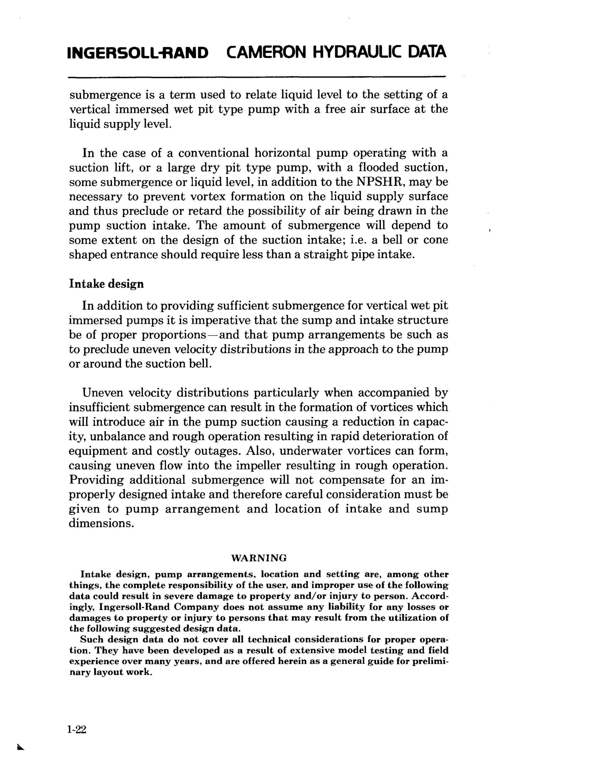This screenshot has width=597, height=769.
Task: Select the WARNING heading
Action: [x=259, y=558]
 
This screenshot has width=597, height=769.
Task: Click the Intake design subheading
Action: [x=106, y=284]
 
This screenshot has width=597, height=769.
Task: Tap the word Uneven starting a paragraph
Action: [x=103, y=393]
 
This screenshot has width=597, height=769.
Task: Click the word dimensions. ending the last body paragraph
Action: [x=101, y=524]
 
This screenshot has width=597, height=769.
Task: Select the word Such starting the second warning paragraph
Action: [x=91, y=639]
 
